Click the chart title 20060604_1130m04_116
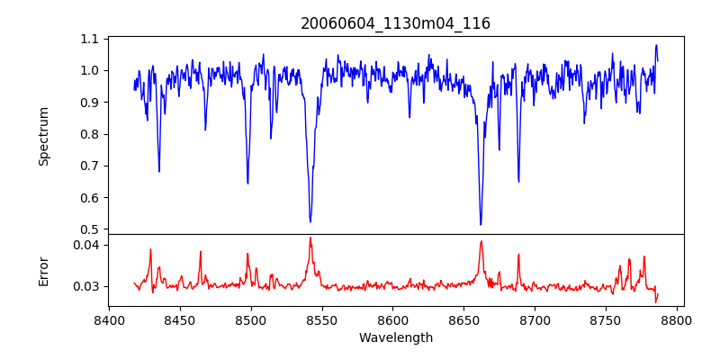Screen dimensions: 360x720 point(395,23)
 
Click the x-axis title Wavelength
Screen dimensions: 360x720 point(395,337)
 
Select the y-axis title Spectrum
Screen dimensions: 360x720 point(44,136)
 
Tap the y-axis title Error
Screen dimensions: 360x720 point(44,270)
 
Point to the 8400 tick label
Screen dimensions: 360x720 point(109,319)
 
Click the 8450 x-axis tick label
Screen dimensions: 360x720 point(180,319)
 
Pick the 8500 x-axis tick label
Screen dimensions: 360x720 point(251,319)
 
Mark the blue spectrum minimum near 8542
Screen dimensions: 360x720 point(310,221)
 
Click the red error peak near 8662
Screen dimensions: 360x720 point(481,240)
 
